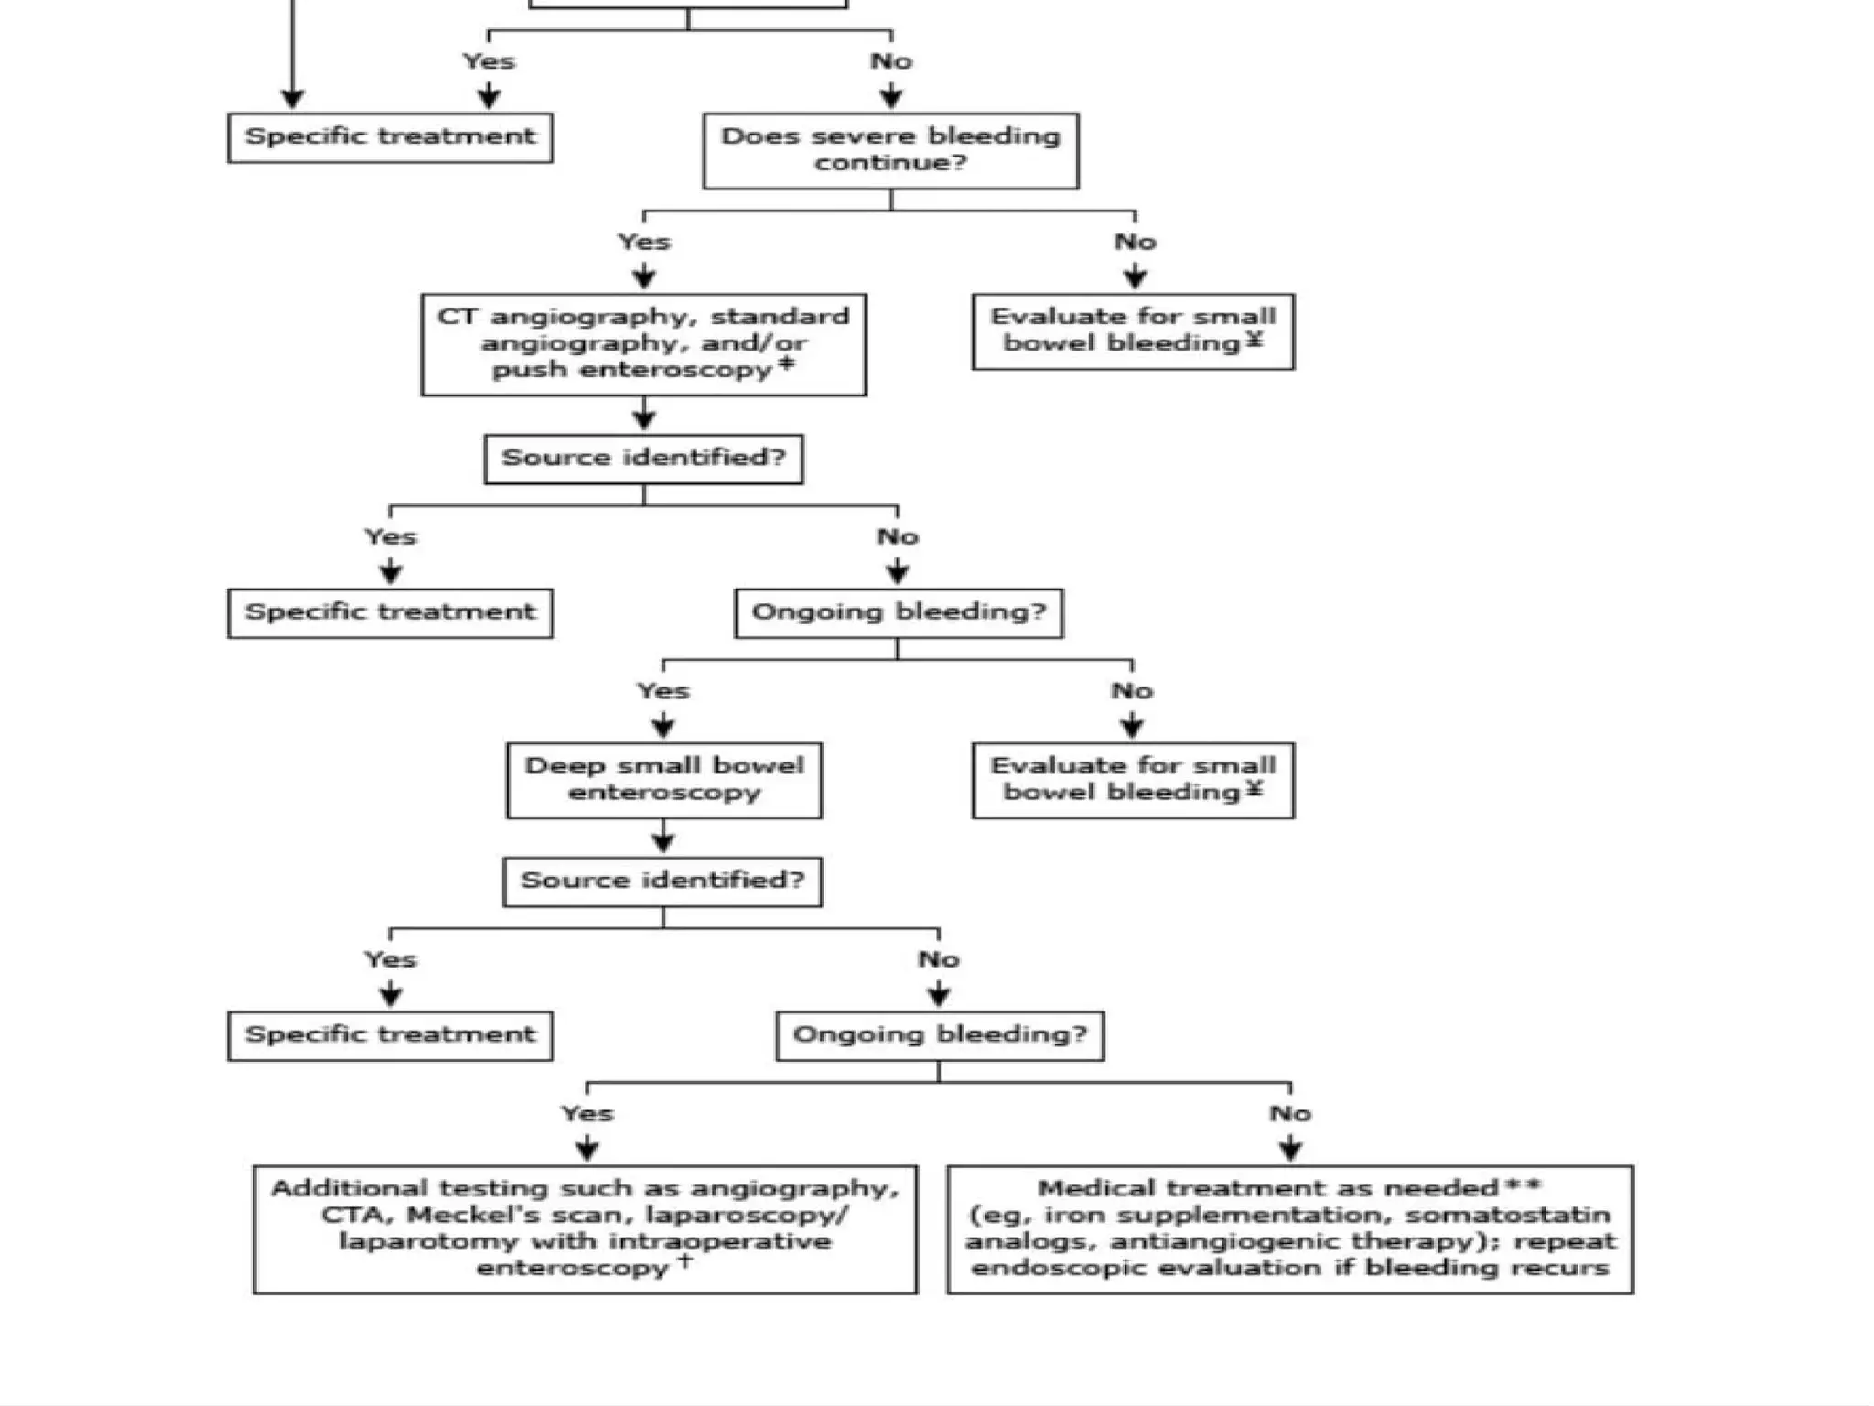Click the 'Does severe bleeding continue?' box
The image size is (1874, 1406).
[890, 151]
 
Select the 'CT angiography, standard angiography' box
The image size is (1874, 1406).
[643, 344]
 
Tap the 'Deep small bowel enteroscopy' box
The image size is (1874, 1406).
[663, 780]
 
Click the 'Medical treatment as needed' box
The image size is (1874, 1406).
[1289, 1228]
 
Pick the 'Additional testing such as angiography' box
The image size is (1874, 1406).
[585, 1228]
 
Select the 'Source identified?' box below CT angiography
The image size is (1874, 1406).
[643, 459]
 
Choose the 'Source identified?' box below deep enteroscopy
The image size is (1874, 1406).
[662, 881]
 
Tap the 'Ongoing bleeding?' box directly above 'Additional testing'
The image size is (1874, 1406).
[940, 1035]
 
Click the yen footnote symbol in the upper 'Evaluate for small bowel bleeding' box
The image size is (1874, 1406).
[1255, 340]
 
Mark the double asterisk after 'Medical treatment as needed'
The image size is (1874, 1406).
[1524, 1185]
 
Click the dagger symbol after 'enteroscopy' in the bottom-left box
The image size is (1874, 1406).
[684, 1260]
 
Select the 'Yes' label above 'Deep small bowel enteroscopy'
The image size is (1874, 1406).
[663, 691]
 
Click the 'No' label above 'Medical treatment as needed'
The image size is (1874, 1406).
[1290, 1114]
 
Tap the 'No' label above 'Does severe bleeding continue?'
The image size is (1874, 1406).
[891, 61]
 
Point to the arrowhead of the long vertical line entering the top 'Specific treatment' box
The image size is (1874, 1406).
[292, 99]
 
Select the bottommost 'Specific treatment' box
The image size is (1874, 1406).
[390, 1035]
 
